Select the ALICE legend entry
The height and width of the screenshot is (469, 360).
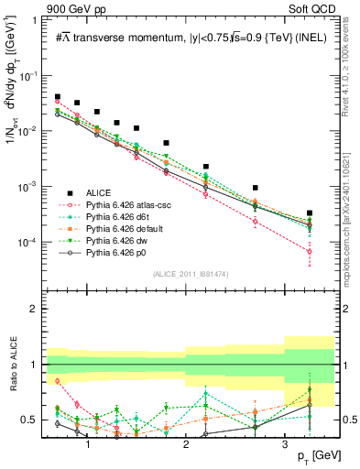[99, 191]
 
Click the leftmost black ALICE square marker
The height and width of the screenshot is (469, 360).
[58, 96]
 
